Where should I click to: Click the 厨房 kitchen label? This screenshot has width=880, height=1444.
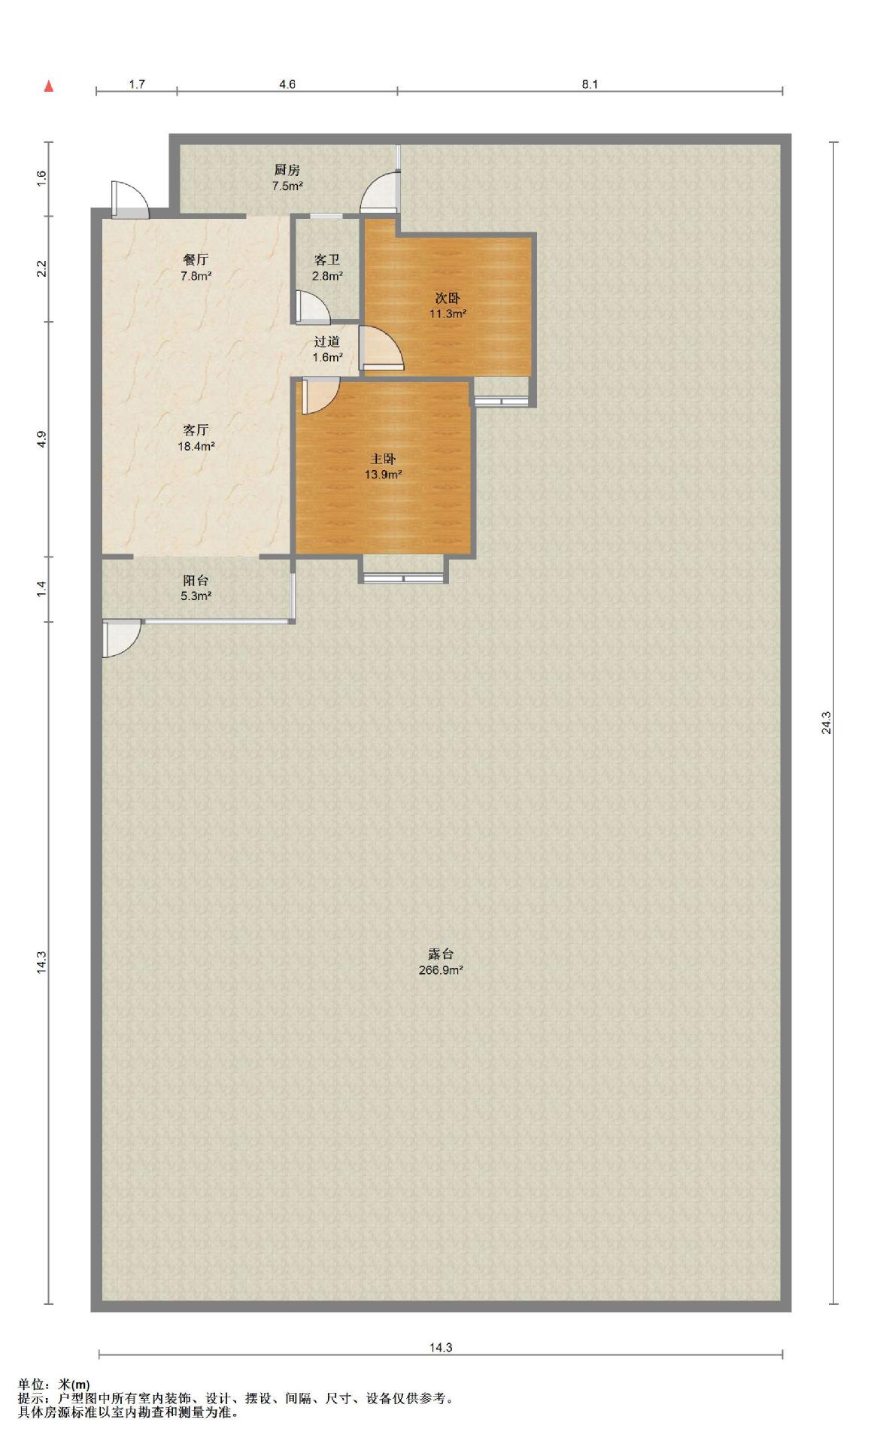point(287,170)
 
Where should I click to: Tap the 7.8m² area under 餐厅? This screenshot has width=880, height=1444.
point(196,276)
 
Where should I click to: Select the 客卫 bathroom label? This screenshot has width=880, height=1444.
point(327,260)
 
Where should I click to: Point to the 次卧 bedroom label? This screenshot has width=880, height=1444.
point(448,298)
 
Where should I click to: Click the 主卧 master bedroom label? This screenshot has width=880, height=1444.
point(384,459)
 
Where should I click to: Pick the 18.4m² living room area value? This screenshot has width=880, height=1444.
point(196,446)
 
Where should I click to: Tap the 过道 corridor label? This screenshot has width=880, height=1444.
point(327,341)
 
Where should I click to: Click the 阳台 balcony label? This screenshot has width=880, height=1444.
point(196,581)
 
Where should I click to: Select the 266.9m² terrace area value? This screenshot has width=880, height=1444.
point(441,970)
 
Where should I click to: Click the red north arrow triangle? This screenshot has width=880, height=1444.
point(49,86)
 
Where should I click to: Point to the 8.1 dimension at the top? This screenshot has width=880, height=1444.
point(590,84)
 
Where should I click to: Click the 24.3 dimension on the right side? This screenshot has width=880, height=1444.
point(827,722)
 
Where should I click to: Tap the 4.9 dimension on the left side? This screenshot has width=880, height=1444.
point(42,439)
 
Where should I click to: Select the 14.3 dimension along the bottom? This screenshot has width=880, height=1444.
point(441,1348)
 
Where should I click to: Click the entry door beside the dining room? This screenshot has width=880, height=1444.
point(129,199)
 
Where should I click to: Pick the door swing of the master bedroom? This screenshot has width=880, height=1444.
point(320,396)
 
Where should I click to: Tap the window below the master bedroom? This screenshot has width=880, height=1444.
point(403,578)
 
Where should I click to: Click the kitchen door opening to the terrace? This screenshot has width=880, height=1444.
point(379,192)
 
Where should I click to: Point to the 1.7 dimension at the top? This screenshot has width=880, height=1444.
point(137,84)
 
